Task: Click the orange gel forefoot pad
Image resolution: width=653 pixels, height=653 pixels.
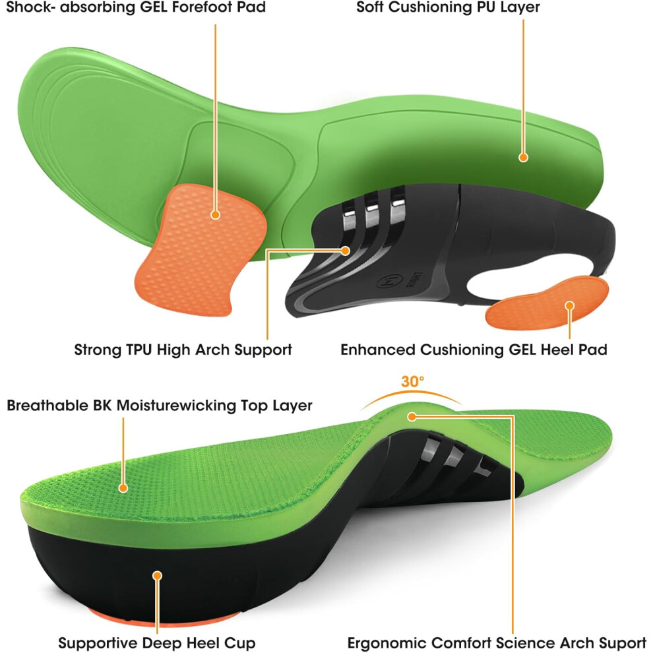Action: click(x=200, y=250)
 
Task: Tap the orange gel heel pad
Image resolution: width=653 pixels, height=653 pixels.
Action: click(x=547, y=303)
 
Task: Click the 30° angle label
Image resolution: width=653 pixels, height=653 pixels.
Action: click(x=412, y=381)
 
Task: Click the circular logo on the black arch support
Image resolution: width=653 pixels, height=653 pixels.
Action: click(x=385, y=282)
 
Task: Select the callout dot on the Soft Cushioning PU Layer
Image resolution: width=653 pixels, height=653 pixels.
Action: click(x=523, y=157)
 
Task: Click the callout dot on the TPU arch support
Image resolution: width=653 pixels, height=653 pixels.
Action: click(x=345, y=251)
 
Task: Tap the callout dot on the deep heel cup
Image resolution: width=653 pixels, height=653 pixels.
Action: click(x=157, y=576)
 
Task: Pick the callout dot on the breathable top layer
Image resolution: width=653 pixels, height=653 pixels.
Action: click(x=123, y=487)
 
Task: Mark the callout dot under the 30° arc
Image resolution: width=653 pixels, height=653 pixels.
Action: click(x=412, y=416)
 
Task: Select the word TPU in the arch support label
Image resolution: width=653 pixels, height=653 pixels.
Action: click(x=139, y=350)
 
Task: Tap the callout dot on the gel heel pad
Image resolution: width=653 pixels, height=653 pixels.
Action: click(x=569, y=305)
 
